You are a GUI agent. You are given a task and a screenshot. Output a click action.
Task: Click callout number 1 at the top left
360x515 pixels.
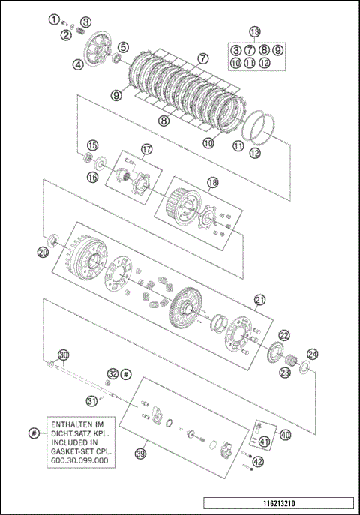55,19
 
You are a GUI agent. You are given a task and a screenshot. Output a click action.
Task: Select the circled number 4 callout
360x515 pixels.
78,65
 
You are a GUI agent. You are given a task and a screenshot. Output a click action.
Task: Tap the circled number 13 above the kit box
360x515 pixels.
254,31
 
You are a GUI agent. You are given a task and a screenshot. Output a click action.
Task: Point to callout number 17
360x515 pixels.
147,149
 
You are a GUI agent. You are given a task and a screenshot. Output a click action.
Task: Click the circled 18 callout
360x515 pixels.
213,183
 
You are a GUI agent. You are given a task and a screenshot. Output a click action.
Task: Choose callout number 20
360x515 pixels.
43,252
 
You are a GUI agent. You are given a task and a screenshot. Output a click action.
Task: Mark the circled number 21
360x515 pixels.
259,300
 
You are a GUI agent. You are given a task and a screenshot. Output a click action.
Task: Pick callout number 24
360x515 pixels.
312,354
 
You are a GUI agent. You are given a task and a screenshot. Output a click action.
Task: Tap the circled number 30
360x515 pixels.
64,355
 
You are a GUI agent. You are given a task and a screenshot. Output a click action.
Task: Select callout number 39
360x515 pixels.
140,454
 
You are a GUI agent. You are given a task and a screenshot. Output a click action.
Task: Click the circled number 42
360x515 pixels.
258,462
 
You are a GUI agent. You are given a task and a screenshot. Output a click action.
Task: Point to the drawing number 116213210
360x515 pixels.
279,503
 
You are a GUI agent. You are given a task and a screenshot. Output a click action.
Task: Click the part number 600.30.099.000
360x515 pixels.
79,460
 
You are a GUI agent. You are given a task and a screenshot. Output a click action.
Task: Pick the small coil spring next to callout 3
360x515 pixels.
79,31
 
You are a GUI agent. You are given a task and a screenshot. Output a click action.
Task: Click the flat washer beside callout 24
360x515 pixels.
304,367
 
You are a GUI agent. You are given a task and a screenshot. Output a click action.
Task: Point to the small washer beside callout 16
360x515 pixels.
100,162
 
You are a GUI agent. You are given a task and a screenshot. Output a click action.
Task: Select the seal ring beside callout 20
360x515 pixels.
53,241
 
